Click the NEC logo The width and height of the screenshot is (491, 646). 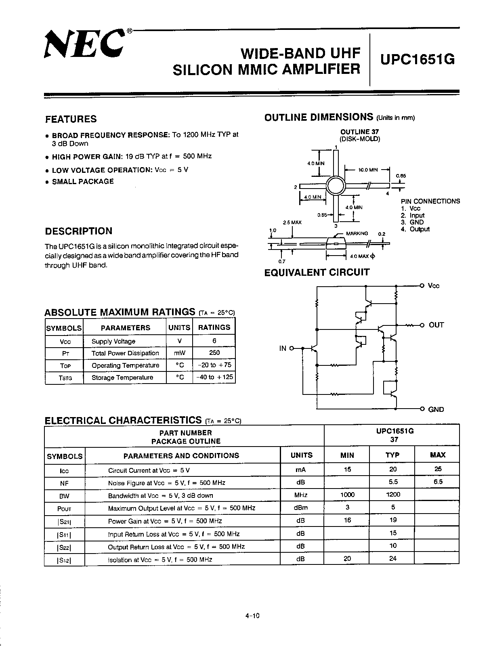pyautogui.click(x=84, y=45)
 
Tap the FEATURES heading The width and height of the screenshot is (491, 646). pyautogui.click(x=71, y=119)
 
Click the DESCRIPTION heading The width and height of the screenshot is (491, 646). pyautogui.click(x=79, y=231)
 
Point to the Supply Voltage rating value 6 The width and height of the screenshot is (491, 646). pyautogui.click(x=214, y=341)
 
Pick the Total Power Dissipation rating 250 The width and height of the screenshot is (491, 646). pyautogui.click(x=214, y=353)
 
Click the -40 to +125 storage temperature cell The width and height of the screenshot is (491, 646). pyautogui.click(x=214, y=377)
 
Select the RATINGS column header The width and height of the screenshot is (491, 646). pyautogui.click(x=214, y=327)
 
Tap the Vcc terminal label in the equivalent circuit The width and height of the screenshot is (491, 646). pyautogui.click(x=433, y=286)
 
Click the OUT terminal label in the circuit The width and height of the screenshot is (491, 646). pyautogui.click(x=436, y=325)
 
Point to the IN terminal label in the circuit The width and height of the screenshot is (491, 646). pyautogui.click(x=283, y=348)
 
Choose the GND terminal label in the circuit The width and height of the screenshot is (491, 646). pyautogui.click(x=436, y=409)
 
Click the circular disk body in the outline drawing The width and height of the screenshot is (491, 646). pyautogui.click(x=336, y=186)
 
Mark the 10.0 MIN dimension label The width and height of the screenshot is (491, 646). pyautogui.click(x=368, y=170)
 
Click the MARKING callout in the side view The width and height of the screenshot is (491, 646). pyautogui.click(x=357, y=233)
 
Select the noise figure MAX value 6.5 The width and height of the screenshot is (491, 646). pyautogui.click(x=438, y=482)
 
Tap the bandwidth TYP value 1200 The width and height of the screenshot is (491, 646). pyautogui.click(x=393, y=495)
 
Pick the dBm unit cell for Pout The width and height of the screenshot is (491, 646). pyautogui.click(x=301, y=508)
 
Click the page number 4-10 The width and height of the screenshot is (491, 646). pyautogui.click(x=252, y=616)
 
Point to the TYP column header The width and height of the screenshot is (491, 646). pyautogui.click(x=392, y=455)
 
